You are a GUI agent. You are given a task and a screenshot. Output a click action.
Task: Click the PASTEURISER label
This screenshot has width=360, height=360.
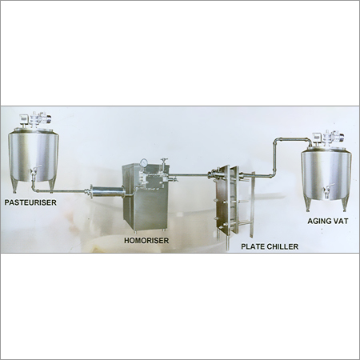(x=30, y=202)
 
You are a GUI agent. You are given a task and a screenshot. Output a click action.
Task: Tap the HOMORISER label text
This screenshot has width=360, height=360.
(x=146, y=241)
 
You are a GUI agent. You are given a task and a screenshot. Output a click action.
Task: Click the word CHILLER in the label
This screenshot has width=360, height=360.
(x=282, y=246)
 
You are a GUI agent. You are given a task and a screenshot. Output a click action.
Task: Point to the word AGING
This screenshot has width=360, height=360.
(x=318, y=221)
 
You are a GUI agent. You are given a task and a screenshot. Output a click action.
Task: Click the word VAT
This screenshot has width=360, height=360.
(x=341, y=221)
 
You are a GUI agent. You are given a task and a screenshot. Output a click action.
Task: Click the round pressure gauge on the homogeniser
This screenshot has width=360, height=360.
(x=144, y=162)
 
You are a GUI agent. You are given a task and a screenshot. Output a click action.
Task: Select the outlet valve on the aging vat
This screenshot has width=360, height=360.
(x=327, y=190)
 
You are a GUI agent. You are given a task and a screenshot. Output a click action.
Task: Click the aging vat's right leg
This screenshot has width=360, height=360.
(x=345, y=203)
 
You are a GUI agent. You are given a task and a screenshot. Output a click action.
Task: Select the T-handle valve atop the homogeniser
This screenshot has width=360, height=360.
(x=163, y=162)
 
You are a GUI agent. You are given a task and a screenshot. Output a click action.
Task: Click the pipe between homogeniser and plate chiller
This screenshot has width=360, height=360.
(x=190, y=174)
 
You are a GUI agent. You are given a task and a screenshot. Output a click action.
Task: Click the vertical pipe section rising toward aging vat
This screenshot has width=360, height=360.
(x=274, y=157)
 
